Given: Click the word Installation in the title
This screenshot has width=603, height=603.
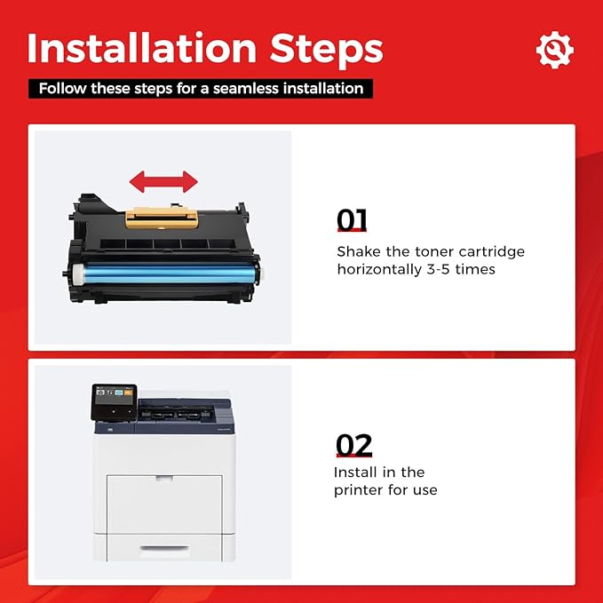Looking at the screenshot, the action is [x=142, y=48].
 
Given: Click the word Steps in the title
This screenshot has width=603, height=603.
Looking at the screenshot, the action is [x=327, y=51].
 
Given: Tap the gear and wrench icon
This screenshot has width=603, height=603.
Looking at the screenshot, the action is [x=554, y=50].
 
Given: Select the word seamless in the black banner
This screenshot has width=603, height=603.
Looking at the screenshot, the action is [x=246, y=89].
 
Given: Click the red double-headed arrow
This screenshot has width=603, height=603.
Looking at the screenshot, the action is [x=163, y=181].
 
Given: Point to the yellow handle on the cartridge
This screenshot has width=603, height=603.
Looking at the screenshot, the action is [x=162, y=218].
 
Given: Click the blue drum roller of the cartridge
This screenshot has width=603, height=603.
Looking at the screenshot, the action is [x=166, y=274].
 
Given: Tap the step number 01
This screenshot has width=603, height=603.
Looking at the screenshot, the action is [x=352, y=219].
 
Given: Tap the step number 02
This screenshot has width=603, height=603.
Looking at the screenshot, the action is [x=353, y=445].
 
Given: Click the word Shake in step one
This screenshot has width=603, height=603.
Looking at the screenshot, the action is [x=359, y=251].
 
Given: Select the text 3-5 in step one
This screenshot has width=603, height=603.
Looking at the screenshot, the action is [x=438, y=269].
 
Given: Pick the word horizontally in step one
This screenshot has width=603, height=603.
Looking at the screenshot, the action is [x=379, y=269].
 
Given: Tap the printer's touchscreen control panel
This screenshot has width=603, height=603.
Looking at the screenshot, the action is [x=115, y=401].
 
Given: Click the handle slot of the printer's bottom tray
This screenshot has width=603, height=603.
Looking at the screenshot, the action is [x=164, y=548].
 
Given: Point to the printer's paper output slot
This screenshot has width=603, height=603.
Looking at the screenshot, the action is [x=177, y=414].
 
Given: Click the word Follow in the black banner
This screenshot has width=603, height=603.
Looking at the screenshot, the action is [x=63, y=89].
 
